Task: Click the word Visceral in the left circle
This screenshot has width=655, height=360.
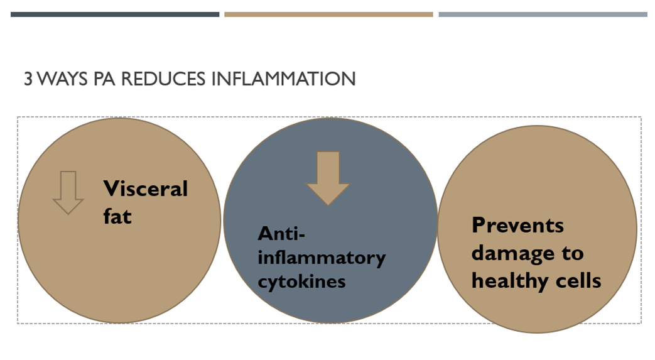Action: click(x=145, y=188)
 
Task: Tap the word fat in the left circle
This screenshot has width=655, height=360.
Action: click(x=117, y=216)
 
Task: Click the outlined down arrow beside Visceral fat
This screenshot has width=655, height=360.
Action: click(x=68, y=192)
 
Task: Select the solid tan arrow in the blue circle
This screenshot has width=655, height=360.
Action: click(x=328, y=178)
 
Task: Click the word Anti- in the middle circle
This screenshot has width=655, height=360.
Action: click(x=281, y=233)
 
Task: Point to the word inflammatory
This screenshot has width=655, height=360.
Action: click(x=322, y=258)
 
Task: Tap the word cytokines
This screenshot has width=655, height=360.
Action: click(x=301, y=282)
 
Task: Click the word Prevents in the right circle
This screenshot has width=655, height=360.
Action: click(x=517, y=225)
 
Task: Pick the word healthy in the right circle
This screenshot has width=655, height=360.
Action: click(x=510, y=281)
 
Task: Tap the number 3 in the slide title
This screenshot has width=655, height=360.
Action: click(x=28, y=79)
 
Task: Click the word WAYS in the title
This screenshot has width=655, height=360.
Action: click(x=62, y=79)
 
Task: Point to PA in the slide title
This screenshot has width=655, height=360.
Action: click(x=104, y=79)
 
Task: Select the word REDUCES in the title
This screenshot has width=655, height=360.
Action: click(x=163, y=79)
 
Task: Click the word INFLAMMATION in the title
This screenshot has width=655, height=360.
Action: click(x=284, y=79)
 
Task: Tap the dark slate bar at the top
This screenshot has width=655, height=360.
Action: click(x=115, y=14)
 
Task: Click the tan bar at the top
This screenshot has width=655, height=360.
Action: click(x=328, y=14)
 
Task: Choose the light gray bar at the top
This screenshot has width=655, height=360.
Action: click(x=543, y=14)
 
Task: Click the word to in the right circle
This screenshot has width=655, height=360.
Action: click(x=572, y=253)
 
